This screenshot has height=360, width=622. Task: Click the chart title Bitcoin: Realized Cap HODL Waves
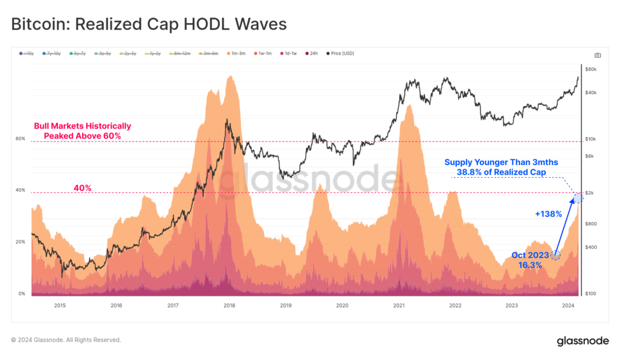149,24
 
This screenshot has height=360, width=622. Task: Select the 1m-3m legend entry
235,54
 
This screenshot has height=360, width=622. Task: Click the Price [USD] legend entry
340,54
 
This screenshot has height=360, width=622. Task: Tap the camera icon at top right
598,55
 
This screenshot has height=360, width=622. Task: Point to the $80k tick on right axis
590,69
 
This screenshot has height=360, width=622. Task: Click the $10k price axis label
590,139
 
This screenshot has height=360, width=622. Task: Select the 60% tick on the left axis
20,139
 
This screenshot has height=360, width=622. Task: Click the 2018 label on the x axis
229,305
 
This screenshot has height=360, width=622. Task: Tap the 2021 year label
398,305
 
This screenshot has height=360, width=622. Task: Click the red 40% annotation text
82,188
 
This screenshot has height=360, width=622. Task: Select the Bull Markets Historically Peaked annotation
82,131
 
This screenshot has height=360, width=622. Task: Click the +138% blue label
548,214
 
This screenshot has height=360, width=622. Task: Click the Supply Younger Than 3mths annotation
501,167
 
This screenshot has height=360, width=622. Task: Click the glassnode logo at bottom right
583,341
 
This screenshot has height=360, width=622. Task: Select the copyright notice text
66,340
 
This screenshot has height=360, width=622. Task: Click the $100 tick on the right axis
590,294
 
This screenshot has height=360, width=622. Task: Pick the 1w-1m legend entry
262,54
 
